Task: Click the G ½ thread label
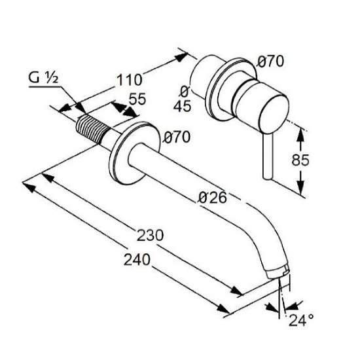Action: point(43,78)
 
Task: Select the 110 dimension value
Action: point(130,80)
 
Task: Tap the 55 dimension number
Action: point(137,99)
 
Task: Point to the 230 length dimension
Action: point(150,235)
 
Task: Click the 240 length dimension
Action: point(137,259)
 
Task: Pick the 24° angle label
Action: point(301,320)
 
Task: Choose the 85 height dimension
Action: point(300,160)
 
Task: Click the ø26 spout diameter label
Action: point(212,198)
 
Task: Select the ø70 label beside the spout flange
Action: point(177,137)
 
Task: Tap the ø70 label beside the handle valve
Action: point(270,62)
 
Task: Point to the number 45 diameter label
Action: point(182,106)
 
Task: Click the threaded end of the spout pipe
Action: point(92,129)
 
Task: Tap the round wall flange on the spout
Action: point(134,153)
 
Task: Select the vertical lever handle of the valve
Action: point(268,156)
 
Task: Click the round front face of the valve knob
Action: point(274,114)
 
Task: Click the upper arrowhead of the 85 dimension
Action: point(300,135)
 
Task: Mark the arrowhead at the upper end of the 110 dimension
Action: point(181,57)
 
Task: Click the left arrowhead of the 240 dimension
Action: point(29,187)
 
